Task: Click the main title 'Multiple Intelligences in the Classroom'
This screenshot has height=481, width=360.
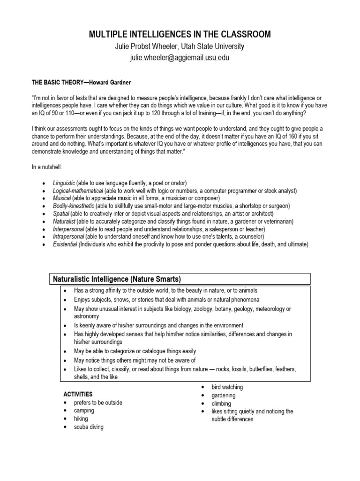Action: pos(180,34)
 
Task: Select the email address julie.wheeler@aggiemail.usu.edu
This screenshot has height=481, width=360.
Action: pos(180,58)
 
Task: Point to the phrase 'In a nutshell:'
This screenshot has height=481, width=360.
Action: pos(47,167)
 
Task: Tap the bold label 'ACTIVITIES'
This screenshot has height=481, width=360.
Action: pos(78,394)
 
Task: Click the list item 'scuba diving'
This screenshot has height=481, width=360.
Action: pos(89,427)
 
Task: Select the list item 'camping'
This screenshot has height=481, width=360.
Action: pos(84,411)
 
